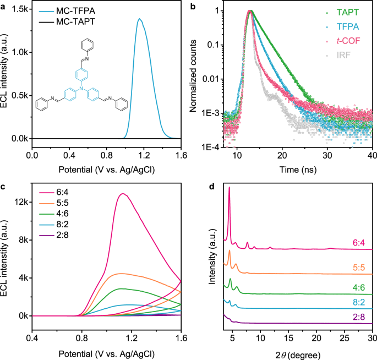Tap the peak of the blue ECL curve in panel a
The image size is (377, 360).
point(139,19)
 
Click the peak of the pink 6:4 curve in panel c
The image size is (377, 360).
point(123,193)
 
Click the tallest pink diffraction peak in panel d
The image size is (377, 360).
point(229,188)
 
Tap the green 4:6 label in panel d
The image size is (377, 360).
point(359,286)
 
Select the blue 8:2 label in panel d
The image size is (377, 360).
point(359,303)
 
